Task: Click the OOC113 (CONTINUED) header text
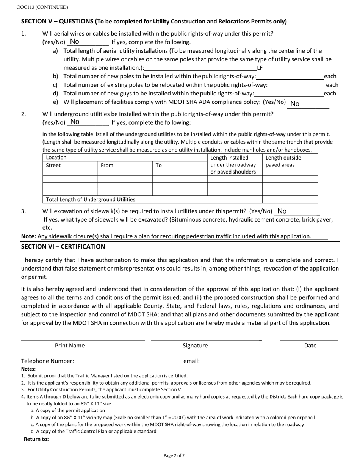coord(37,7)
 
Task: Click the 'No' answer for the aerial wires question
coord(75,42)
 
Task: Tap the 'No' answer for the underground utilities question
coord(75,122)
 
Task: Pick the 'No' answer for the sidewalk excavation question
coord(282,211)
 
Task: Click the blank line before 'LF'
coord(200,68)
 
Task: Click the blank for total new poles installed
coord(290,76)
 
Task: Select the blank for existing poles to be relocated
coord(296,85)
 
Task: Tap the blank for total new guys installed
coord(289,93)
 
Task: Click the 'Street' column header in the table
coord(53,165)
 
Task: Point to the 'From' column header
coord(107,165)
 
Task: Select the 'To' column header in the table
coord(159,165)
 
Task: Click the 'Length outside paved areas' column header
coord(283,161)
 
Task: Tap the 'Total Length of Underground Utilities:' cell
coord(91,199)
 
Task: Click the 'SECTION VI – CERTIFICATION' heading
coord(63,247)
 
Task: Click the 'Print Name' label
coord(70,346)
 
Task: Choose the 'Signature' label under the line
coord(195,346)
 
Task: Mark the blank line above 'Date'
coord(308,339)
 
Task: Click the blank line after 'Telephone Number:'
coord(128,361)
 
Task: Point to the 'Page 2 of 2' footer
coord(174,455)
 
